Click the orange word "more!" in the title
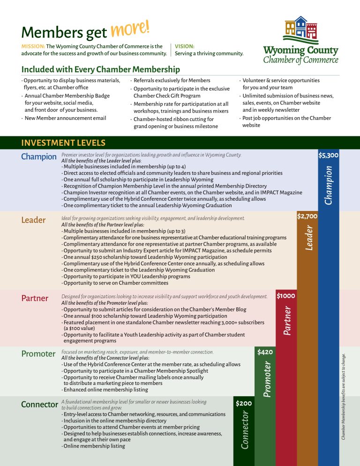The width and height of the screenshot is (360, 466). pyautogui.click(x=130, y=30)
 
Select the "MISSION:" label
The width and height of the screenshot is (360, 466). pyautogui.click(x=33, y=46)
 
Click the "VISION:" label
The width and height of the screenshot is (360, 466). pyautogui.click(x=185, y=46)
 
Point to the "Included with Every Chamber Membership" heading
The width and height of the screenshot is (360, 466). pyautogui.click(x=101, y=69)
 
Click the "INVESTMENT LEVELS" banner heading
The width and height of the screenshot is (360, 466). pyautogui.click(x=63, y=143)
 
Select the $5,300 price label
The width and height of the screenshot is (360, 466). pyautogui.click(x=328, y=155)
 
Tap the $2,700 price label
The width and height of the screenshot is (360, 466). pyautogui.click(x=307, y=216)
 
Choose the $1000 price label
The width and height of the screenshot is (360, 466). pyautogui.click(x=285, y=296)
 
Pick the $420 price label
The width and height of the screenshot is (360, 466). pyautogui.click(x=265, y=351)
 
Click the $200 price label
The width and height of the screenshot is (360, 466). pyautogui.click(x=244, y=403)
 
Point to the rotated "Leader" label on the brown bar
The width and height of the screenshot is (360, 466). pyautogui.click(x=309, y=237)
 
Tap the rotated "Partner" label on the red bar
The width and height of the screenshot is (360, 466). pyautogui.click(x=287, y=320)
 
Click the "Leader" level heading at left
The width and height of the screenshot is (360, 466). pyautogui.click(x=33, y=220)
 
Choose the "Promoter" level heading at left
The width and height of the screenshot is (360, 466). pyautogui.click(x=38, y=354)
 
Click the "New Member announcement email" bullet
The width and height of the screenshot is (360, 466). pyautogui.click(x=66, y=118)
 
